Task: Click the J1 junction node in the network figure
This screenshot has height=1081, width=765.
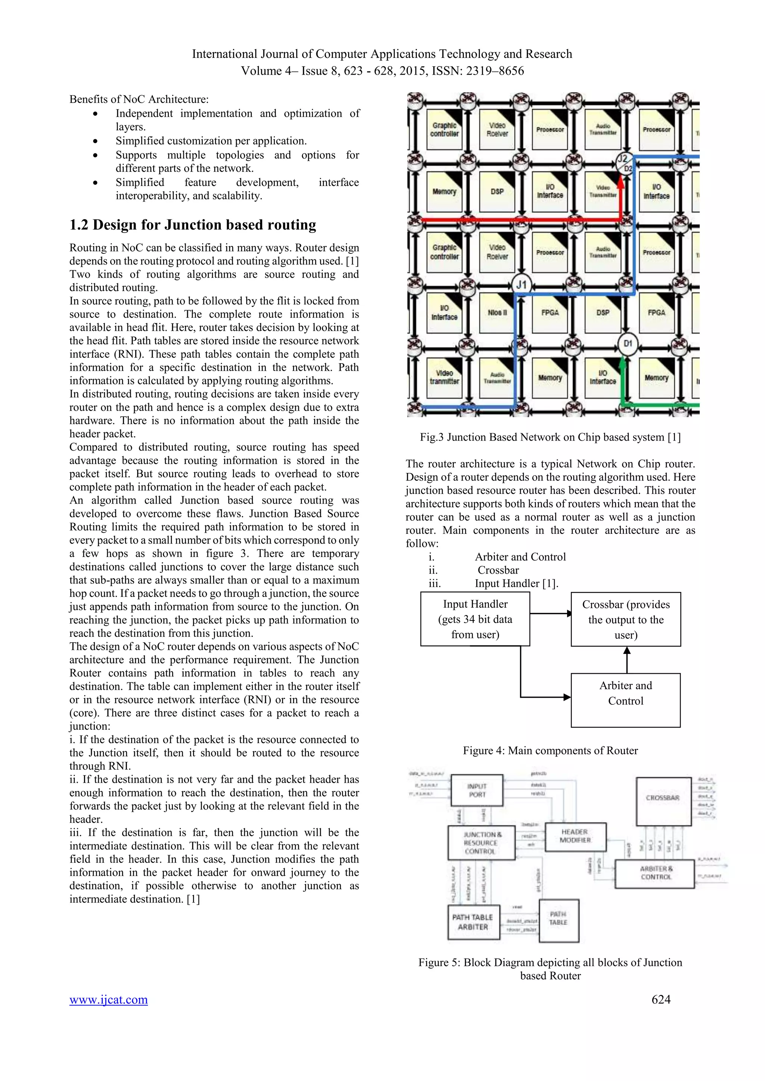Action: [521, 284]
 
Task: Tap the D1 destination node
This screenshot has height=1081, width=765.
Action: [628, 344]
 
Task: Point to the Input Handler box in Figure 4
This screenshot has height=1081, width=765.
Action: [475, 619]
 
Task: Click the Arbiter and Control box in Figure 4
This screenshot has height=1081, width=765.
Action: [626, 700]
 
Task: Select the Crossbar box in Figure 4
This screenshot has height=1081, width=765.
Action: [626, 619]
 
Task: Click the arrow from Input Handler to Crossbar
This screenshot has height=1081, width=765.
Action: [550, 614]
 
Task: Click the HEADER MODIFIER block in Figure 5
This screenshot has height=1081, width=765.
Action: [575, 837]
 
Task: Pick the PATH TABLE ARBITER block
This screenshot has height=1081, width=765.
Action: [473, 922]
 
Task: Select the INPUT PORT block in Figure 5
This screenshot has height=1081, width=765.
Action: [477, 791]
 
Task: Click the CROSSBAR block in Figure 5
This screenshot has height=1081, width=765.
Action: [663, 798]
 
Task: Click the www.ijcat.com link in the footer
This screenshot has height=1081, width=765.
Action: [109, 999]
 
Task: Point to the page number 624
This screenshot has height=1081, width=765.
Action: [661, 999]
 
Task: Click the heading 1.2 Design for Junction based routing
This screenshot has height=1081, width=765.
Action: [193, 225]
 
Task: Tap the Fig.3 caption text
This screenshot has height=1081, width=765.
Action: [550, 437]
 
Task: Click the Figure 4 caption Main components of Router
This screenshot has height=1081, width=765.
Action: [550, 751]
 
